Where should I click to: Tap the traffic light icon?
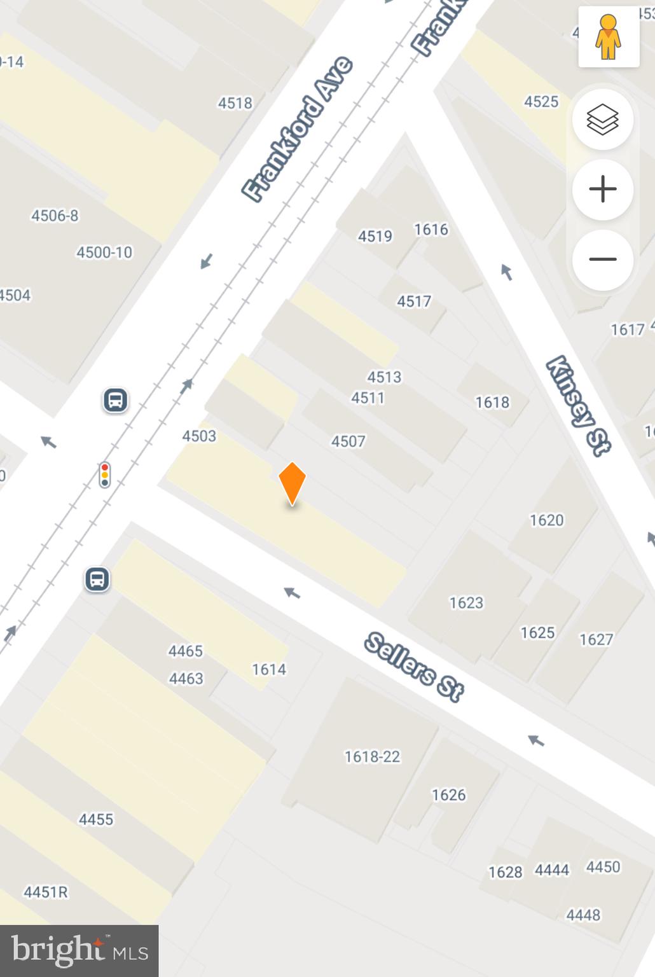tap(105, 475)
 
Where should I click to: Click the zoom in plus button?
tap(602, 190)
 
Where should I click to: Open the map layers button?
tap(602, 120)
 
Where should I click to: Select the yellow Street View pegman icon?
tap(609, 37)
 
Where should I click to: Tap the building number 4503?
tap(199, 436)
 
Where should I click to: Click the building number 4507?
tap(348, 441)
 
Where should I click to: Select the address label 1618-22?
tap(372, 756)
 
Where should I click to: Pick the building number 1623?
tap(466, 602)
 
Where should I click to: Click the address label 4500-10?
tap(104, 253)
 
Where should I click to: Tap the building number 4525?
tap(541, 102)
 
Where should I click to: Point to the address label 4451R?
tap(46, 892)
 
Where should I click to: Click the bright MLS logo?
tap(79, 951)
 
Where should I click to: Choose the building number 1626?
tap(448, 794)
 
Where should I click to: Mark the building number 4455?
tap(96, 819)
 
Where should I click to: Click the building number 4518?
tap(235, 103)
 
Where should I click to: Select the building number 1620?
tap(546, 520)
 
